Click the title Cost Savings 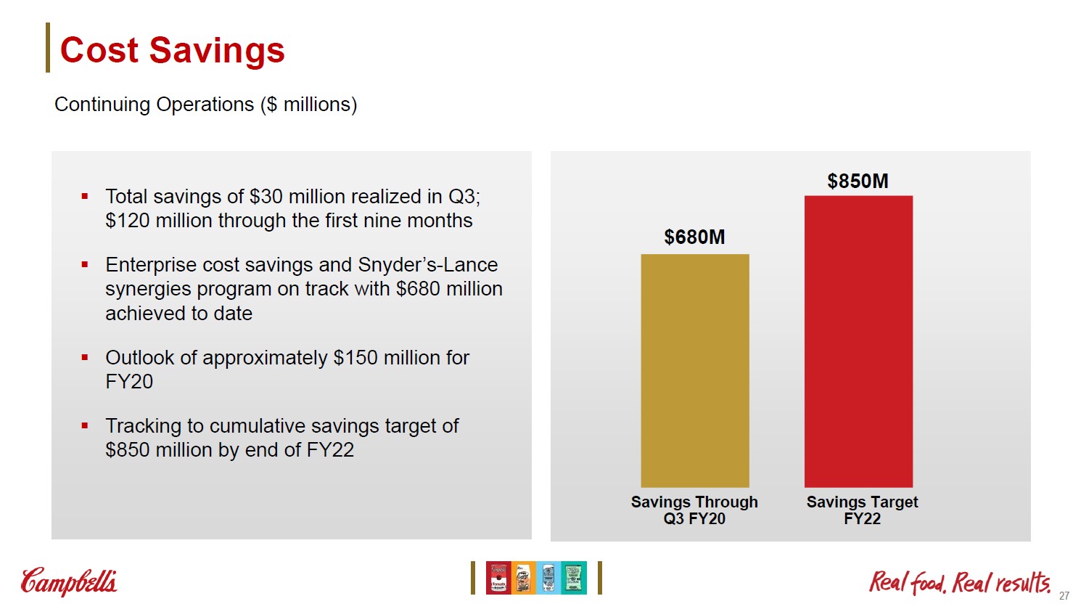point(172,50)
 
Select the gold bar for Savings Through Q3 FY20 point(694,370)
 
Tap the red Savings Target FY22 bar point(858,341)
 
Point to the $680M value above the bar point(694,237)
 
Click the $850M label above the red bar point(858,181)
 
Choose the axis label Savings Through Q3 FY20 point(694,510)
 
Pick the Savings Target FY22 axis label point(862,510)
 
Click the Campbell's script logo point(69,581)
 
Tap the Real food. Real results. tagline point(959,581)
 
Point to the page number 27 point(1064,596)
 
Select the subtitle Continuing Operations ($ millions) point(205,105)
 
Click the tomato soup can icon point(498,578)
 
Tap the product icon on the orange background point(523,578)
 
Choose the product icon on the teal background point(574,578)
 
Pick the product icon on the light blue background point(548,578)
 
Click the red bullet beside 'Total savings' point(85,196)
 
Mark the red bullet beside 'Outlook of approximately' point(85,357)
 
